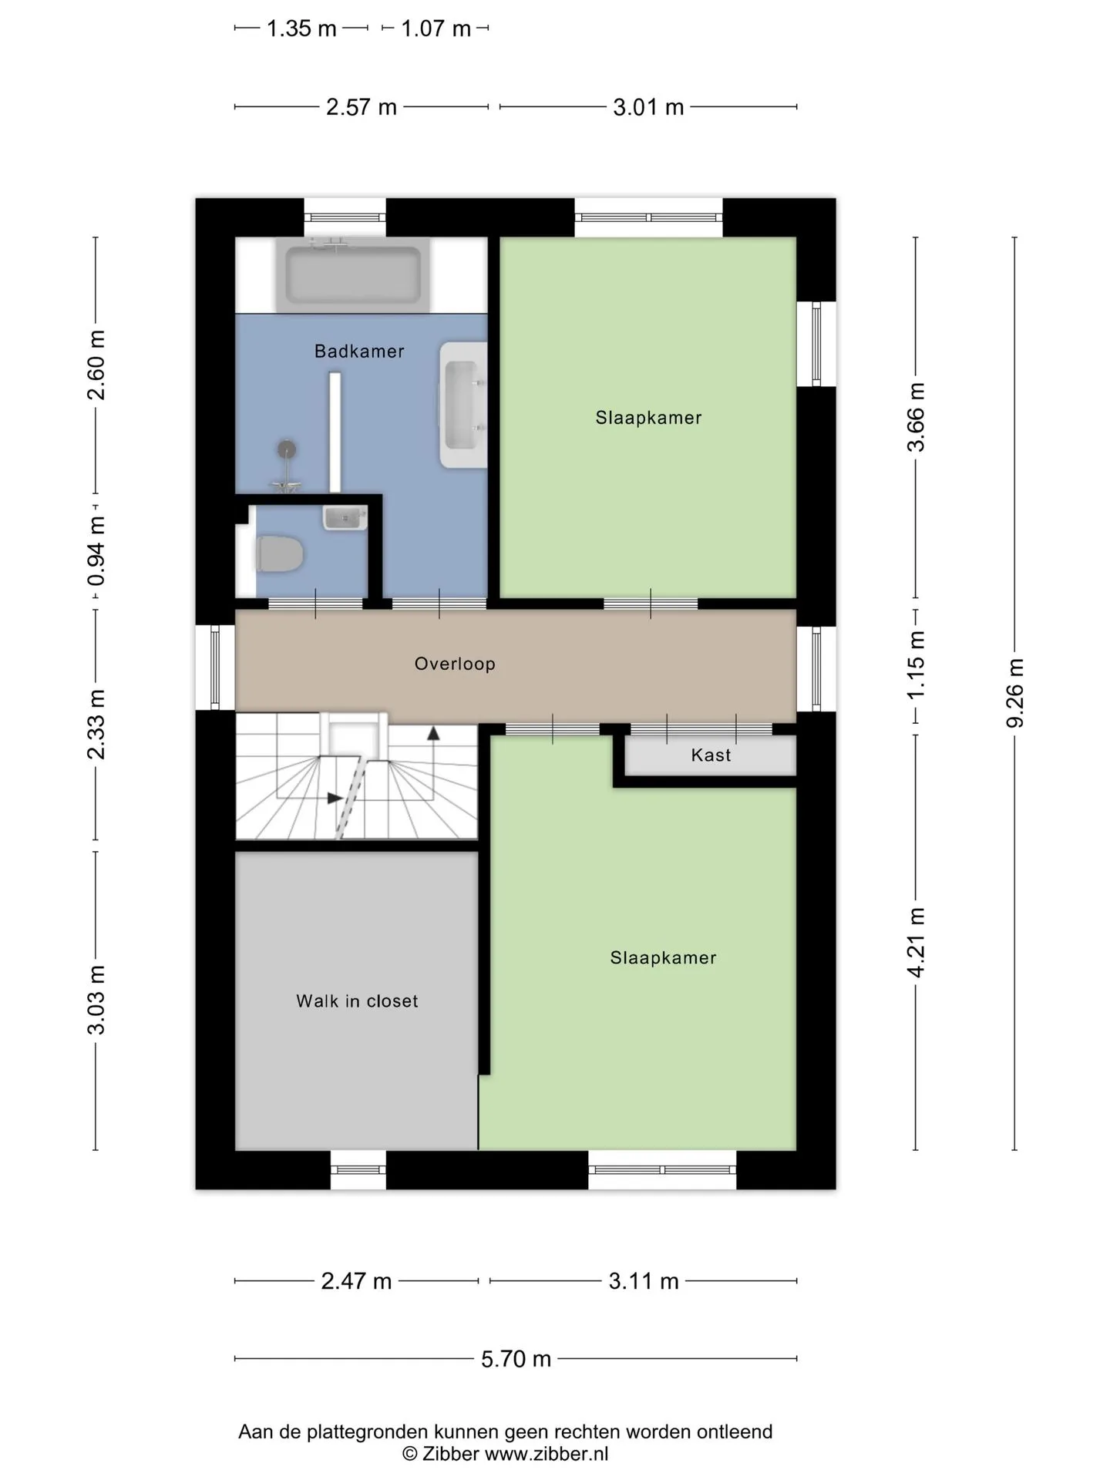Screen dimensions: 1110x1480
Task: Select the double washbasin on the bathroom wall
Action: [462, 405]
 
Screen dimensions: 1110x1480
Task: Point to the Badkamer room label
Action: [359, 351]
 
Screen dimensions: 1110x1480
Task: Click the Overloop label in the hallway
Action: [455, 664]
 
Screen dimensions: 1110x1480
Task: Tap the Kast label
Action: [711, 755]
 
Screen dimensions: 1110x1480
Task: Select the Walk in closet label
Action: [357, 1001]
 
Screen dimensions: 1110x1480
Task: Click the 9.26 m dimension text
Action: [1015, 693]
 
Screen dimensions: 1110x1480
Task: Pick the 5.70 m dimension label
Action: [516, 1358]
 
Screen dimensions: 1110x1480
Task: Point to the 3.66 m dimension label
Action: [916, 417]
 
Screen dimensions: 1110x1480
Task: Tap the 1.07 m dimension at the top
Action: [436, 29]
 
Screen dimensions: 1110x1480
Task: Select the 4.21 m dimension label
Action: [916, 943]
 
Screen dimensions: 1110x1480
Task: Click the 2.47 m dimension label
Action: [356, 1281]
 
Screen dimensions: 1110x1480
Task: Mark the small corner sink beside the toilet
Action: [345, 517]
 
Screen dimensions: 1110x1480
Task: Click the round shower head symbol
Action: [287, 449]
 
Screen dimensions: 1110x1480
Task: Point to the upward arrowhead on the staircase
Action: [433, 733]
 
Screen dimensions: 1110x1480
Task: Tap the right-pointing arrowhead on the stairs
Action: [335, 798]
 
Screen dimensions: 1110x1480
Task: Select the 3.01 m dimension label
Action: [648, 107]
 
